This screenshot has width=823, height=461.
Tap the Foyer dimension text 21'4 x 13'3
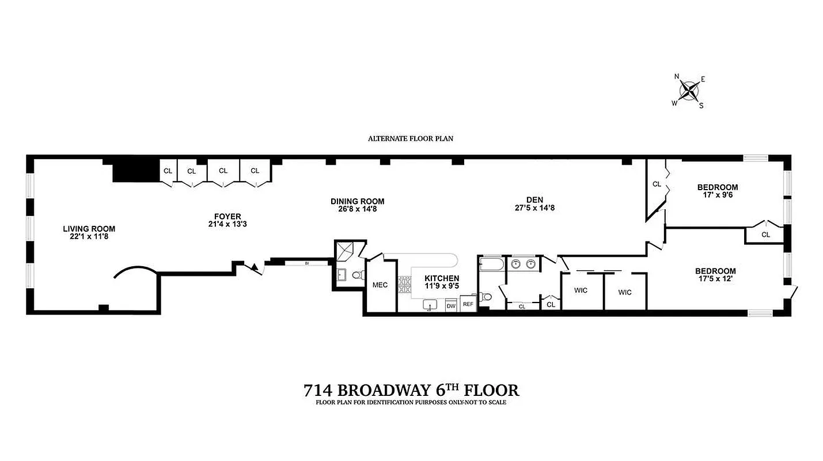click(224, 224)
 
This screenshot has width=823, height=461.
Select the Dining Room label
click(357, 202)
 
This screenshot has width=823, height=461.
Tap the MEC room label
click(380, 285)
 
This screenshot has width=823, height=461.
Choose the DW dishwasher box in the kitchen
click(450, 305)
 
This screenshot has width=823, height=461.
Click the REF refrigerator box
click(468, 304)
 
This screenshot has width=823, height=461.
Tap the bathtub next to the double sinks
click(492, 265)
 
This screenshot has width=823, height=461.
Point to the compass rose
click(689, 90)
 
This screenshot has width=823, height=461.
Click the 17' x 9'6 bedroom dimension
click(717, 195)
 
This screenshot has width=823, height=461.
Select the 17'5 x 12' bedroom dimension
click(715, 279)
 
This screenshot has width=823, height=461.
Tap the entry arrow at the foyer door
click(253, 266)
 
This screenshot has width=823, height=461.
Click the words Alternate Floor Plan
click(412, 139)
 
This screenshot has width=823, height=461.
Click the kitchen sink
click(429, 304)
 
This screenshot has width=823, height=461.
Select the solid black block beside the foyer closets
click(135, 171)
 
